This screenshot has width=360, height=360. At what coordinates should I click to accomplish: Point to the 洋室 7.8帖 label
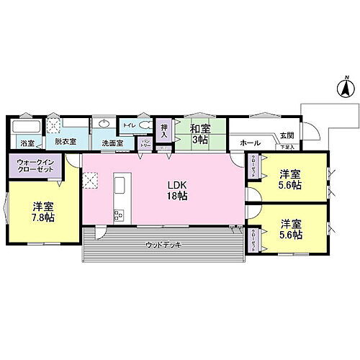(42, 212)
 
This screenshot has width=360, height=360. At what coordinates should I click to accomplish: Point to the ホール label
(250, 143)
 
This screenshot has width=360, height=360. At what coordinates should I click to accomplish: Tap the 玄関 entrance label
(287, 135)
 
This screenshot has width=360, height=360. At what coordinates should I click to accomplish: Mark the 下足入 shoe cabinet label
(286, 147)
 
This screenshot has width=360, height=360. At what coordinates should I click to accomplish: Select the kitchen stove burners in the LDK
(119, 214)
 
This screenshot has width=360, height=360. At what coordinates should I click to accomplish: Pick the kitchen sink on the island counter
(120, 185)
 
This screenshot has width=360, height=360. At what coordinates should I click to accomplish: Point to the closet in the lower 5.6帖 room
(255, 238)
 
